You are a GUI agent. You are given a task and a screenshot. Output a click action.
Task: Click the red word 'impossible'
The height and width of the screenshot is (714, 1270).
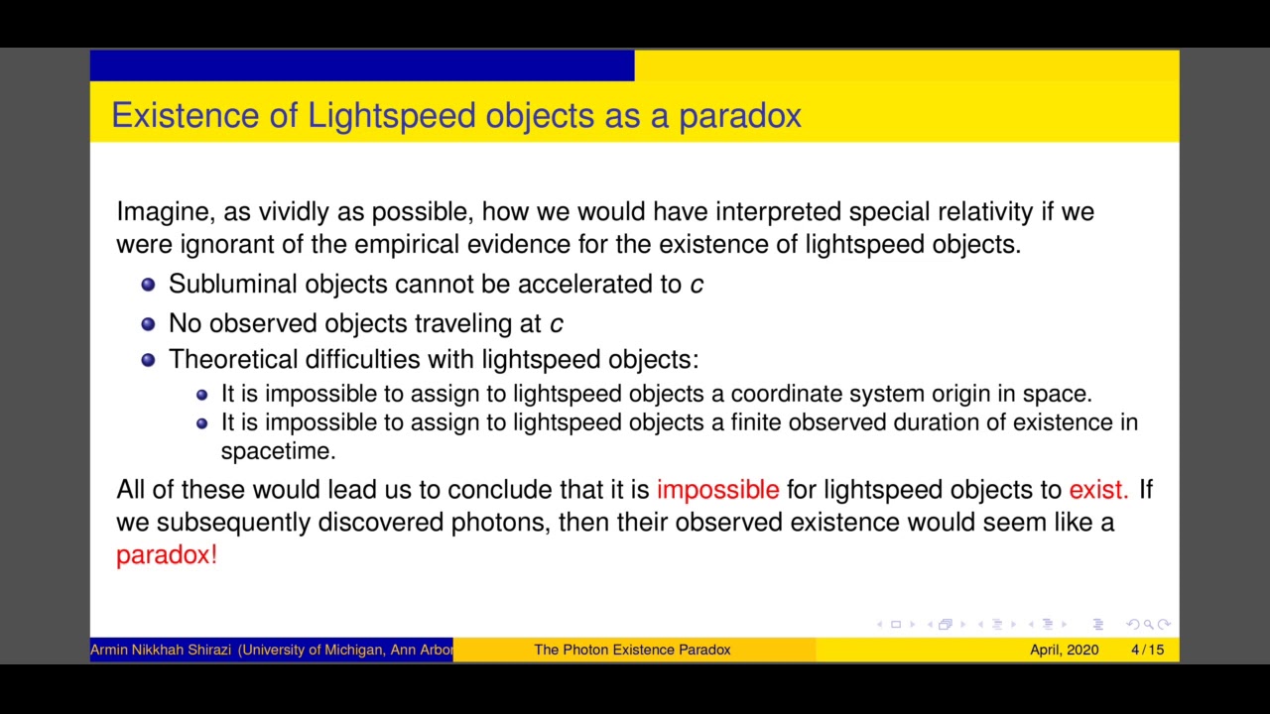[x=717, y=490]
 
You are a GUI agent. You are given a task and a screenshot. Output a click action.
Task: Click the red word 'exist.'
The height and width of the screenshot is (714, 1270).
[x=1097, y=490]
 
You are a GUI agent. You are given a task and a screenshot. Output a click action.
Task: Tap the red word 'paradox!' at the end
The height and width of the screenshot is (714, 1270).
[x=166, y=555]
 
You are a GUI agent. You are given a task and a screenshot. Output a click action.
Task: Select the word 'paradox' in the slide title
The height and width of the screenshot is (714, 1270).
[x=739, y=116]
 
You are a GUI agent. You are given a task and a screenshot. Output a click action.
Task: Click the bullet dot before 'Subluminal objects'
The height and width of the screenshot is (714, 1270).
[x=148, y=285]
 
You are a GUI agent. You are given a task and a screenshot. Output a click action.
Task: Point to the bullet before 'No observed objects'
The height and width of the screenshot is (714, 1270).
[x=148, y=324]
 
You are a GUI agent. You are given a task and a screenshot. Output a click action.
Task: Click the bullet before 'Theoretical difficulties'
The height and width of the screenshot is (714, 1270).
[x=148, y=360]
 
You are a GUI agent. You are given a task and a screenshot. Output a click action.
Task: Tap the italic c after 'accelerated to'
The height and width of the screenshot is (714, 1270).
[x=697, y=285]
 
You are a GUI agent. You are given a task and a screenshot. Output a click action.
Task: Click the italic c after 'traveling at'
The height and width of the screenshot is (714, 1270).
[x=556, y=324]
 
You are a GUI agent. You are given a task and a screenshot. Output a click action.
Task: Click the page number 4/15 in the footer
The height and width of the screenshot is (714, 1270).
[x=1147, y=650]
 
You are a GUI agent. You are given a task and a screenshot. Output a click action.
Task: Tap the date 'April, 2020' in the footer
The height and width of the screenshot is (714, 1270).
[x=1064, y=650]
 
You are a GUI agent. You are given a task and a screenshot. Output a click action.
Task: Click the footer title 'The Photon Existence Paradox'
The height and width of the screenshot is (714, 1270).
[x=632, y=650]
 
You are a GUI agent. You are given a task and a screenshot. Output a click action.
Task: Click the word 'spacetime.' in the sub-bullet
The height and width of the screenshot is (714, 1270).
[x=278, y=451]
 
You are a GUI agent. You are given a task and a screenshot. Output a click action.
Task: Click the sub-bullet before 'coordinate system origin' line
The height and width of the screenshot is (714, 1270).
[x=201, y=395]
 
